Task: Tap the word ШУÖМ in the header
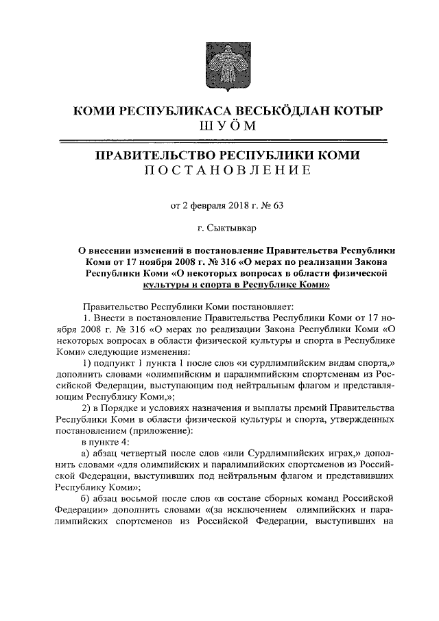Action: tap(219, 126)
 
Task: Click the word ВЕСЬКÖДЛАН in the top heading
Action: tap(263, 110)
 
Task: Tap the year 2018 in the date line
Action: tap(237, 203)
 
